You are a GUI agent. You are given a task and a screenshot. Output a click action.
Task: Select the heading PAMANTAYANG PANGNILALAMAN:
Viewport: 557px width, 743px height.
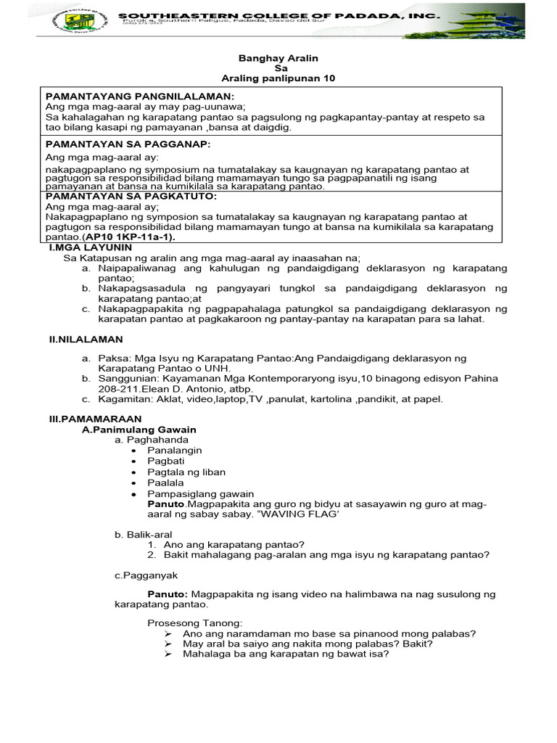tap(139, 97)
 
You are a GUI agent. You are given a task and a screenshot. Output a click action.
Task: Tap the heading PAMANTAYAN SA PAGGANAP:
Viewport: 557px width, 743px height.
tap(128, 144)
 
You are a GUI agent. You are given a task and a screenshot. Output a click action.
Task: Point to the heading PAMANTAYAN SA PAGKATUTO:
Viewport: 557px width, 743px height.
tap(131, 196)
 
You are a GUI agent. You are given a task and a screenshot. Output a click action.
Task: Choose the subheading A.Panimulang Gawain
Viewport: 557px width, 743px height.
tap(139, 430)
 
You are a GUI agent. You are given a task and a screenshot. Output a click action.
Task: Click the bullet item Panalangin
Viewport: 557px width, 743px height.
tap(174, 451)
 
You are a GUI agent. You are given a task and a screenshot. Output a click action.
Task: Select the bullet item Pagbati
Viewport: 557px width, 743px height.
tap(164, 461)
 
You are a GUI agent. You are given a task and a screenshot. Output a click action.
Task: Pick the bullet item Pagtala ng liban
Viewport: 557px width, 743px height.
tap(186, 472)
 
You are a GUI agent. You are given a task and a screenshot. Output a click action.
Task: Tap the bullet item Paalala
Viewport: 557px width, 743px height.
tap(165, 483)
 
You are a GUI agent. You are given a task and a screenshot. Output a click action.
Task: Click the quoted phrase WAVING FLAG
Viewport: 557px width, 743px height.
tap(304, 514)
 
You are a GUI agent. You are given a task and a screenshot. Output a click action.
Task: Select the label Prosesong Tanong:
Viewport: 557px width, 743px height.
tap(194, 623)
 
